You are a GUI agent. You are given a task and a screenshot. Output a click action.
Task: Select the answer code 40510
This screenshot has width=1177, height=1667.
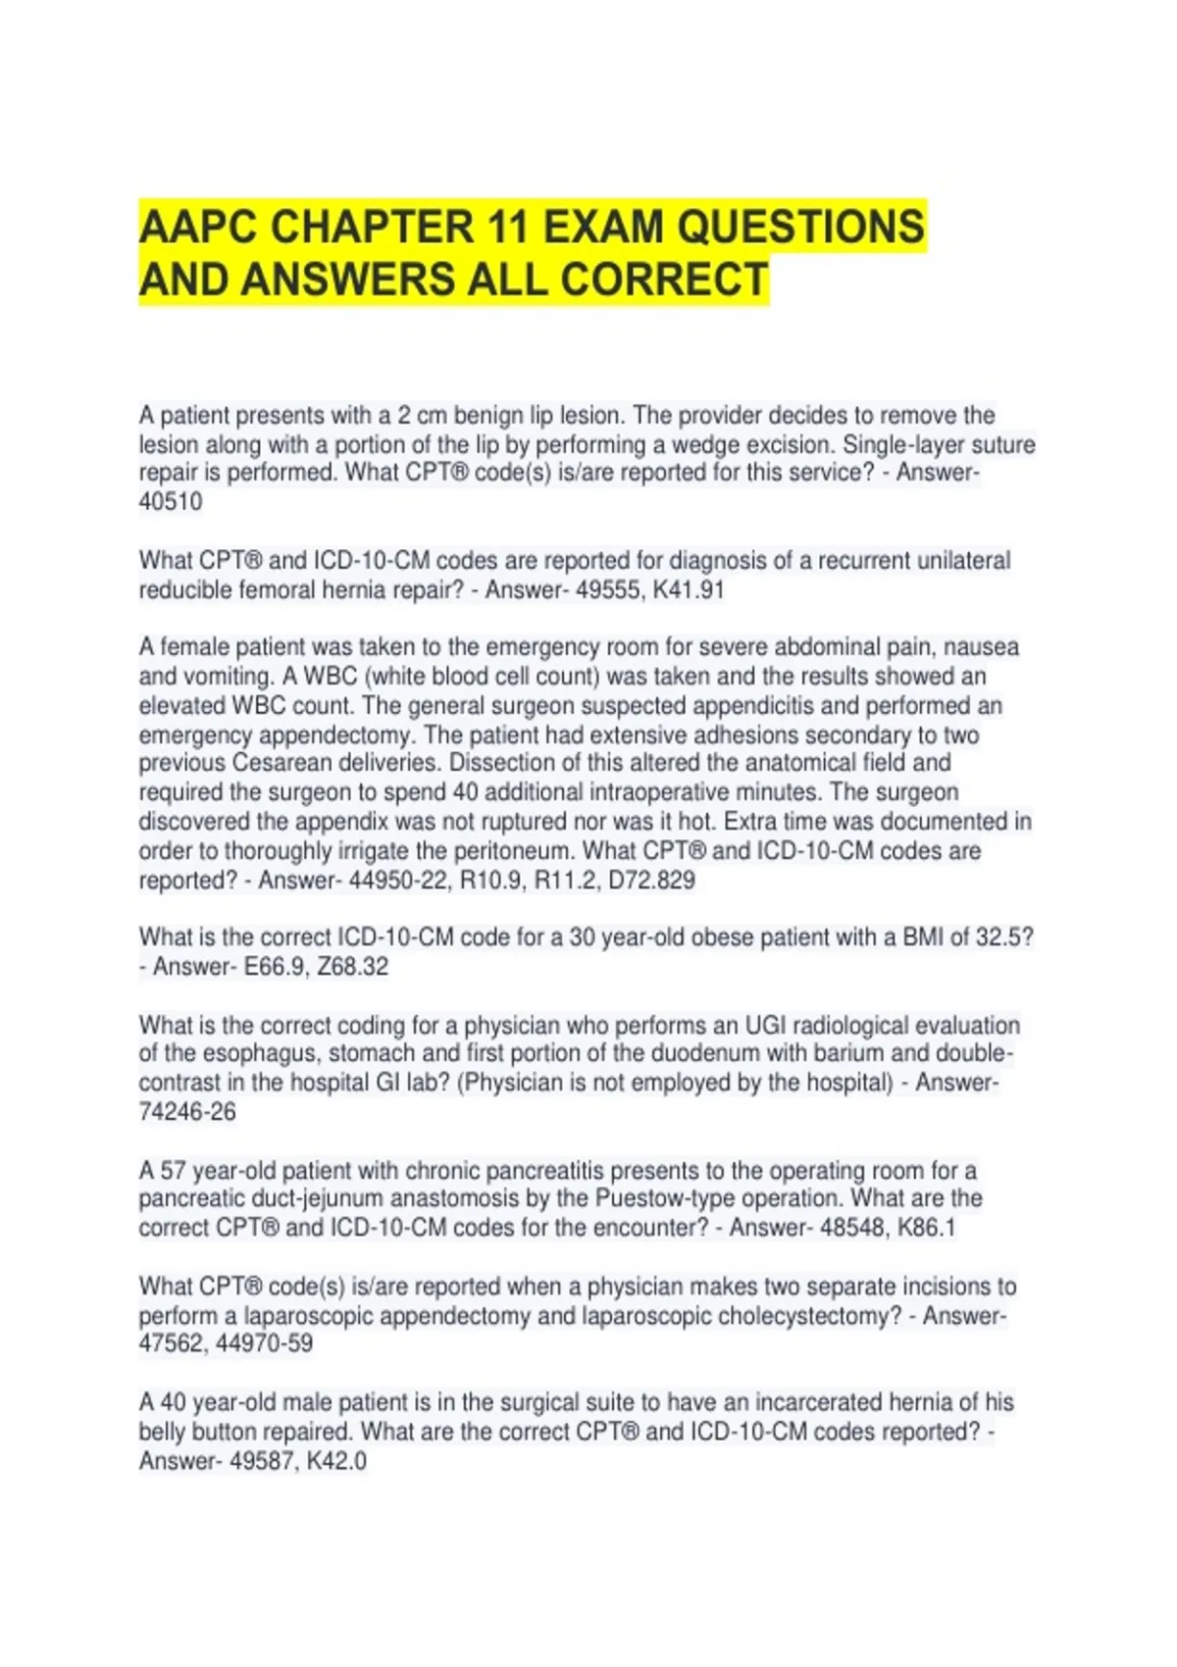tap(171, 502)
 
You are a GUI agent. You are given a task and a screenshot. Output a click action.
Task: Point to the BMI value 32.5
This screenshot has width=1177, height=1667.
tap(999, 937)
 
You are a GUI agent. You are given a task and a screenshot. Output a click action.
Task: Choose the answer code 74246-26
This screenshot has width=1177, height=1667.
tap(187, 1112)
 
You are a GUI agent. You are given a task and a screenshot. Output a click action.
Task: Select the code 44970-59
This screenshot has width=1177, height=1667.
tap(270, 1343)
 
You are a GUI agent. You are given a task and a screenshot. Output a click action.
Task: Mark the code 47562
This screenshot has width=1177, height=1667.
tap(174, 1343)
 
